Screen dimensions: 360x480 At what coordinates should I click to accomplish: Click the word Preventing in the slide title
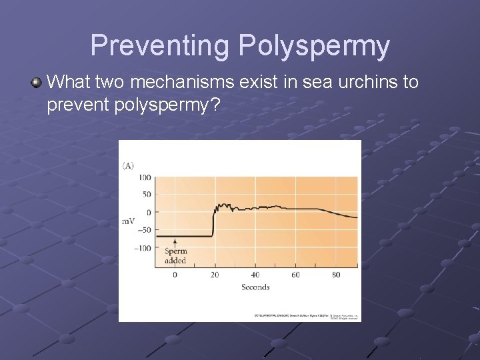click(159, 46)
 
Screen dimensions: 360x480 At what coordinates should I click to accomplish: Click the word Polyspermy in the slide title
click(313, 46)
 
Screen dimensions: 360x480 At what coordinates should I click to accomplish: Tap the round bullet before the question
click(37, 83)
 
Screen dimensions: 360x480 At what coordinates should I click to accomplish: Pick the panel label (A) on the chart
click(128, 165)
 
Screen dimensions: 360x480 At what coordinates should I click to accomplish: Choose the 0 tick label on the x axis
click(175, 275)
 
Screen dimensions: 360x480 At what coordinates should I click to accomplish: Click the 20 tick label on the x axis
click(214, 275)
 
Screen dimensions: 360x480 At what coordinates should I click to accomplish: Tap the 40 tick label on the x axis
click(255, 275)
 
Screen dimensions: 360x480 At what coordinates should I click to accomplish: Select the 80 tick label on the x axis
click(335, 275)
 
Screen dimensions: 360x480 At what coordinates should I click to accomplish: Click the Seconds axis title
click(255, 287)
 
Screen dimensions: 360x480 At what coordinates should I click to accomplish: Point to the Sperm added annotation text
click(175, 256)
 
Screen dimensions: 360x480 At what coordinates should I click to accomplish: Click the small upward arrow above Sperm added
click(175, 243)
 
